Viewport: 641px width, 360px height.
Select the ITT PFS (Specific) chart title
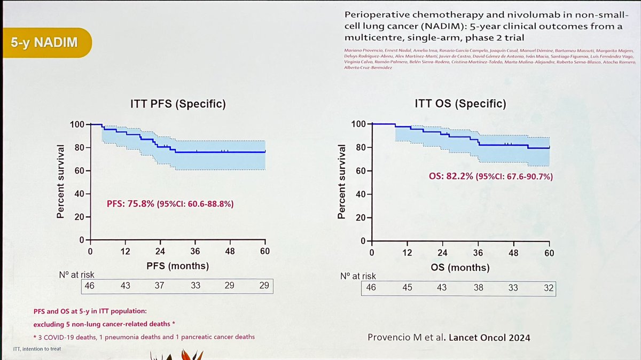click(178, 104)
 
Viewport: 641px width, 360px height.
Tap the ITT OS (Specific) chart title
click(460, 104)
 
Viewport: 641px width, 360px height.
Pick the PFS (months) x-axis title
click(178, 265)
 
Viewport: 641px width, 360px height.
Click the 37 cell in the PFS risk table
click(160, 286)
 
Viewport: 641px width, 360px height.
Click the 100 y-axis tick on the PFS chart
click(77, 124)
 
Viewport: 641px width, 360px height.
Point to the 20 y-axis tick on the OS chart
click(359, 218)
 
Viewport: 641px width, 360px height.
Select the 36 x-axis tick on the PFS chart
click(195, 252)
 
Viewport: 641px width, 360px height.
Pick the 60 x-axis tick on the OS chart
click(549, 253)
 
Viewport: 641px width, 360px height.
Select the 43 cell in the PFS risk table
click(125, 286)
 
